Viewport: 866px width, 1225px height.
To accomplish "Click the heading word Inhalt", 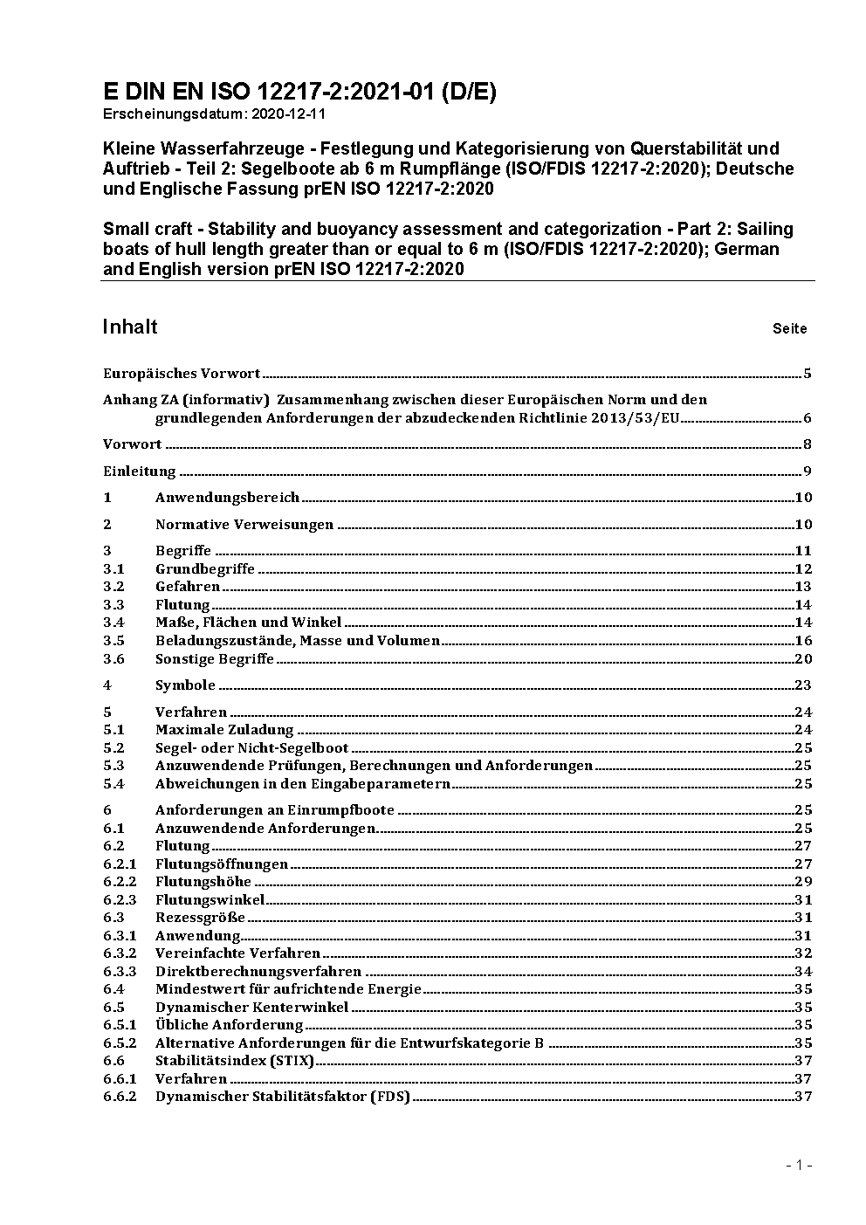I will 130,327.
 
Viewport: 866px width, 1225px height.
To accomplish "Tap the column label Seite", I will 789,329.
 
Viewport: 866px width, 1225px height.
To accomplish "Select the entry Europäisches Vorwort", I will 182,374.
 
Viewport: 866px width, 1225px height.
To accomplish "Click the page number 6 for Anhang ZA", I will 808,418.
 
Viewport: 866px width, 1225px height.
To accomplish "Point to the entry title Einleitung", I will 140,471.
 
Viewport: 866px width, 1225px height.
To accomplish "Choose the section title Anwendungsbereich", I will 227,498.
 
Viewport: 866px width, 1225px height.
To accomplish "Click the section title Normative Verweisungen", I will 244,525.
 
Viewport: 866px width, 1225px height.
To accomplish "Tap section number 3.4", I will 113,623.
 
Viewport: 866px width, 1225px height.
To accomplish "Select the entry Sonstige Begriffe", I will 215,659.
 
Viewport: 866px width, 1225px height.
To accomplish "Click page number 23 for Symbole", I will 803,685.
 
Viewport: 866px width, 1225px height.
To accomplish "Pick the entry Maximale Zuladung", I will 224,730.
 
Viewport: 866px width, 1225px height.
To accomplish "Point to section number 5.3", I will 113,766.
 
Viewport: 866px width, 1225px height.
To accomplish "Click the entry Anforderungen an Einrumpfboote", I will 275,810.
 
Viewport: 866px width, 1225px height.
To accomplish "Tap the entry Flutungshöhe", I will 203,882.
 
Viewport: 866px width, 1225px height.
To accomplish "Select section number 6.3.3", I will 120,972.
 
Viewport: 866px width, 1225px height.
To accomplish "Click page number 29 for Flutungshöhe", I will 803,882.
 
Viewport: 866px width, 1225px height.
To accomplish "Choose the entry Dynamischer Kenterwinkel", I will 251,1008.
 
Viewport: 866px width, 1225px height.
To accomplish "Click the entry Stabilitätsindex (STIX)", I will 235,1061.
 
